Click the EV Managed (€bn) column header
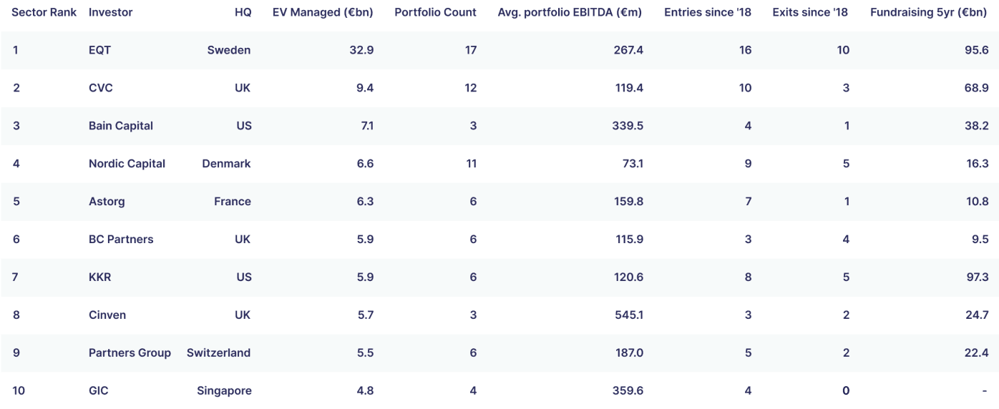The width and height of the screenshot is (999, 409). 323,12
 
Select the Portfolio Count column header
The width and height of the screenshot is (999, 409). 435,12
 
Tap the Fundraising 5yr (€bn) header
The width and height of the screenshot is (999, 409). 929,12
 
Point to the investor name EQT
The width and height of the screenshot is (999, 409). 99,50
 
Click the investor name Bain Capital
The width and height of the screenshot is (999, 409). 121,126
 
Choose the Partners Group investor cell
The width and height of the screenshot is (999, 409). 130,353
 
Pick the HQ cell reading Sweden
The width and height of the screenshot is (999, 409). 229,50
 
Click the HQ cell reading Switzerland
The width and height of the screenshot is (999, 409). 218,353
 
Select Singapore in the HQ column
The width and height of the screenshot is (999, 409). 224,390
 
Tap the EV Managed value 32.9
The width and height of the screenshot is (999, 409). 361,50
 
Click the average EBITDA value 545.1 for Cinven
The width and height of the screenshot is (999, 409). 629,315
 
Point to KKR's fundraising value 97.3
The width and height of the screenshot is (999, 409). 978,277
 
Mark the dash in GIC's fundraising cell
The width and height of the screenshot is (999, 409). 984,391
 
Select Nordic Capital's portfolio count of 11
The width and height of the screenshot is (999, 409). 472,164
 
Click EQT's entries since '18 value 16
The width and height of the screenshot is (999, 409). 745,50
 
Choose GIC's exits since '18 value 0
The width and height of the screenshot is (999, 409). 846,390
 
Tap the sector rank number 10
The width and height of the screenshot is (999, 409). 19,390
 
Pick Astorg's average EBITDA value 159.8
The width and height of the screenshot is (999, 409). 629,202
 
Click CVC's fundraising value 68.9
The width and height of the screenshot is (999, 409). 977,88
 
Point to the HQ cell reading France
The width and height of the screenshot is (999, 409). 233,202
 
